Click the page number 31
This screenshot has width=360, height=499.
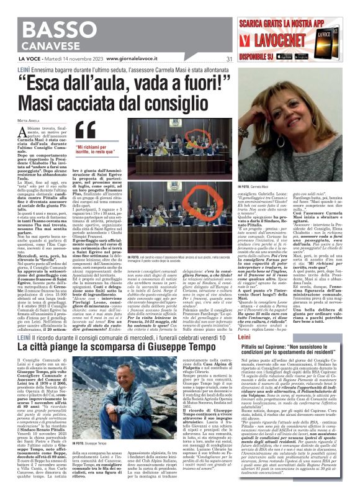tap(228, 60)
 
